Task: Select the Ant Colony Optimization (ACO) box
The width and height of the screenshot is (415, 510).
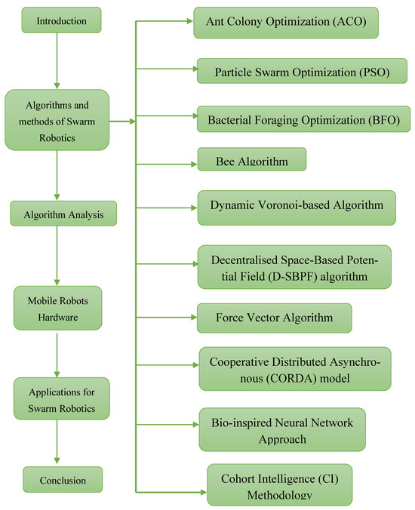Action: click(x=285, y=23)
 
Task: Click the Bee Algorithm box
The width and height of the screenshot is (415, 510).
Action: click(x=252, y=159)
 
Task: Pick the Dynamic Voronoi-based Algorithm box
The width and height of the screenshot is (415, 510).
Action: click(x=297, y=206)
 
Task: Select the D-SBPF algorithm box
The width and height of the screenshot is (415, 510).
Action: click(x=294, y=267)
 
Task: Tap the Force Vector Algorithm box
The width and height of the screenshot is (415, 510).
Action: click(x=275, y=318)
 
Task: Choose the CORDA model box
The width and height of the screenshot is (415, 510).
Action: click(x=296, y=368)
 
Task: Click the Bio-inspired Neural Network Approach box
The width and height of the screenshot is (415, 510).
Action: click(x=282, y=429)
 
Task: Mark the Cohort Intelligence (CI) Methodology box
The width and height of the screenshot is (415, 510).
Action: click(x=279, y=485)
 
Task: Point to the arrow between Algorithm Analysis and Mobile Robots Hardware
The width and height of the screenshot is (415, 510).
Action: click(x=57, y=257)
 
